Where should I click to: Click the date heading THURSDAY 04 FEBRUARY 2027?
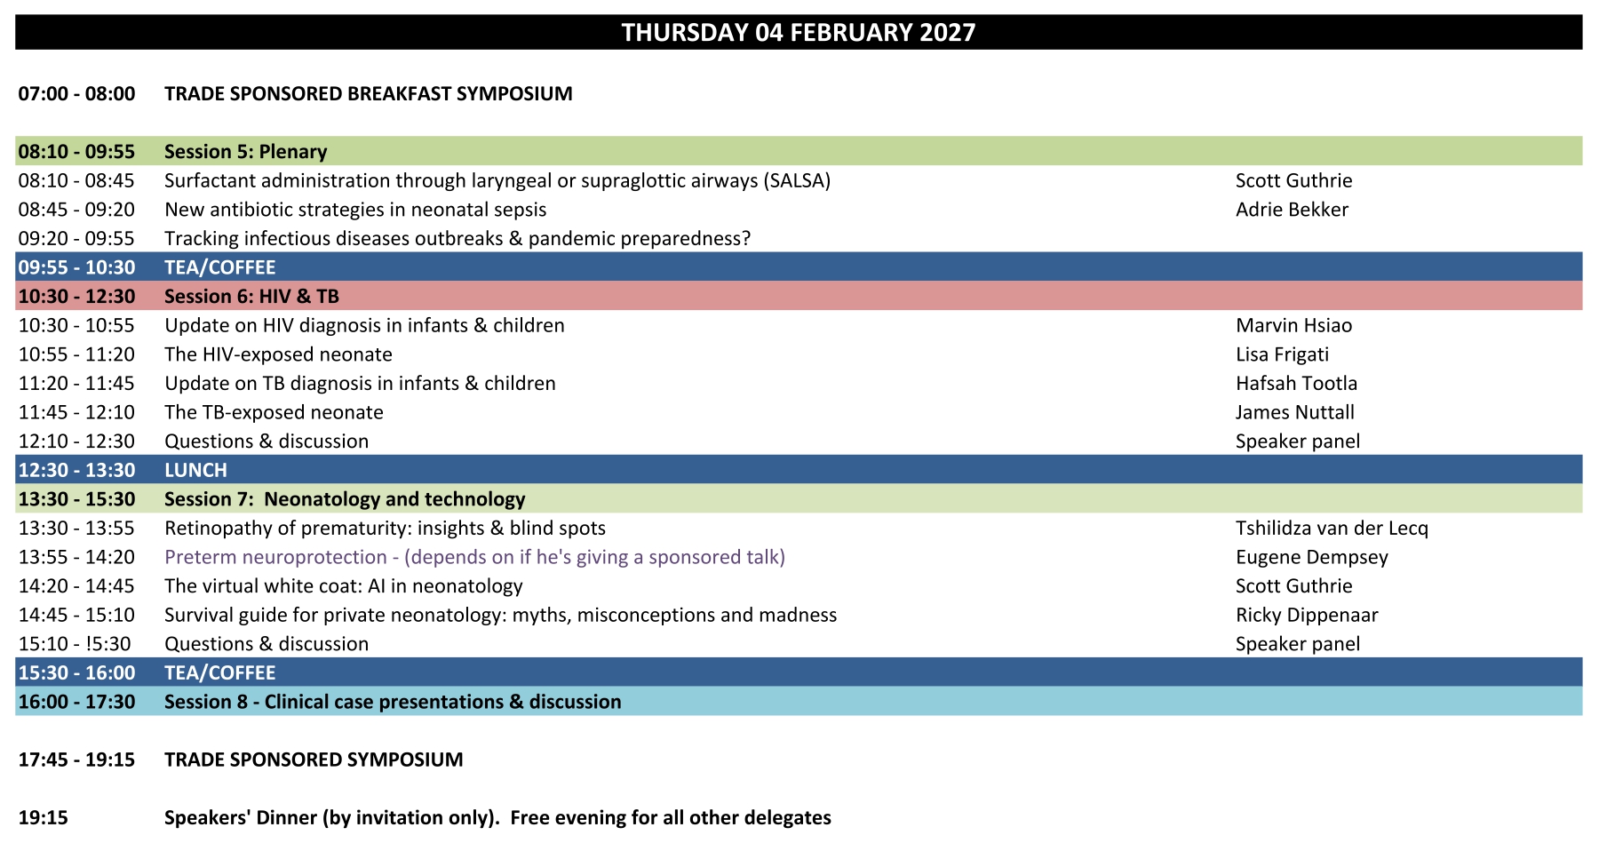click(799, 33)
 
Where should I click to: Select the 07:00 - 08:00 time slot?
click(77, 94)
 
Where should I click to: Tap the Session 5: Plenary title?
click(246, 152)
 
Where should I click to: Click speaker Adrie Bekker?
click(1292, 210)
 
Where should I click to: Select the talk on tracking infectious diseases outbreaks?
click(457, 239)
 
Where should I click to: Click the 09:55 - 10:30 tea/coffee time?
click(77, 267)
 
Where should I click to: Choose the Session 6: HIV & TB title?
click(252, 297)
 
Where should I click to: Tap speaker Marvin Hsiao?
click(1293, 326)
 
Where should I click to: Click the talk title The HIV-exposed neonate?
click(278, 354)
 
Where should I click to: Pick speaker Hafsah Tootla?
click(1296, 384)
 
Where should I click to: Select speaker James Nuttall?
click(1295, 412)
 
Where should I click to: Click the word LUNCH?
click(195, 471)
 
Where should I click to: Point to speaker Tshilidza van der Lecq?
click(1332, 529)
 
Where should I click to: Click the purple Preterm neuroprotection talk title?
click(474, 557)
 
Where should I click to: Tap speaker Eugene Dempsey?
click(1311, 558)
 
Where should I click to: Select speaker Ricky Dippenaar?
click(1307, 616)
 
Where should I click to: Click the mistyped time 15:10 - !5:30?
click(75, 644)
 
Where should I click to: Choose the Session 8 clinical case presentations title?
click(393, 702)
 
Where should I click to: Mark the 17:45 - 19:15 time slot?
click(77, 760)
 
